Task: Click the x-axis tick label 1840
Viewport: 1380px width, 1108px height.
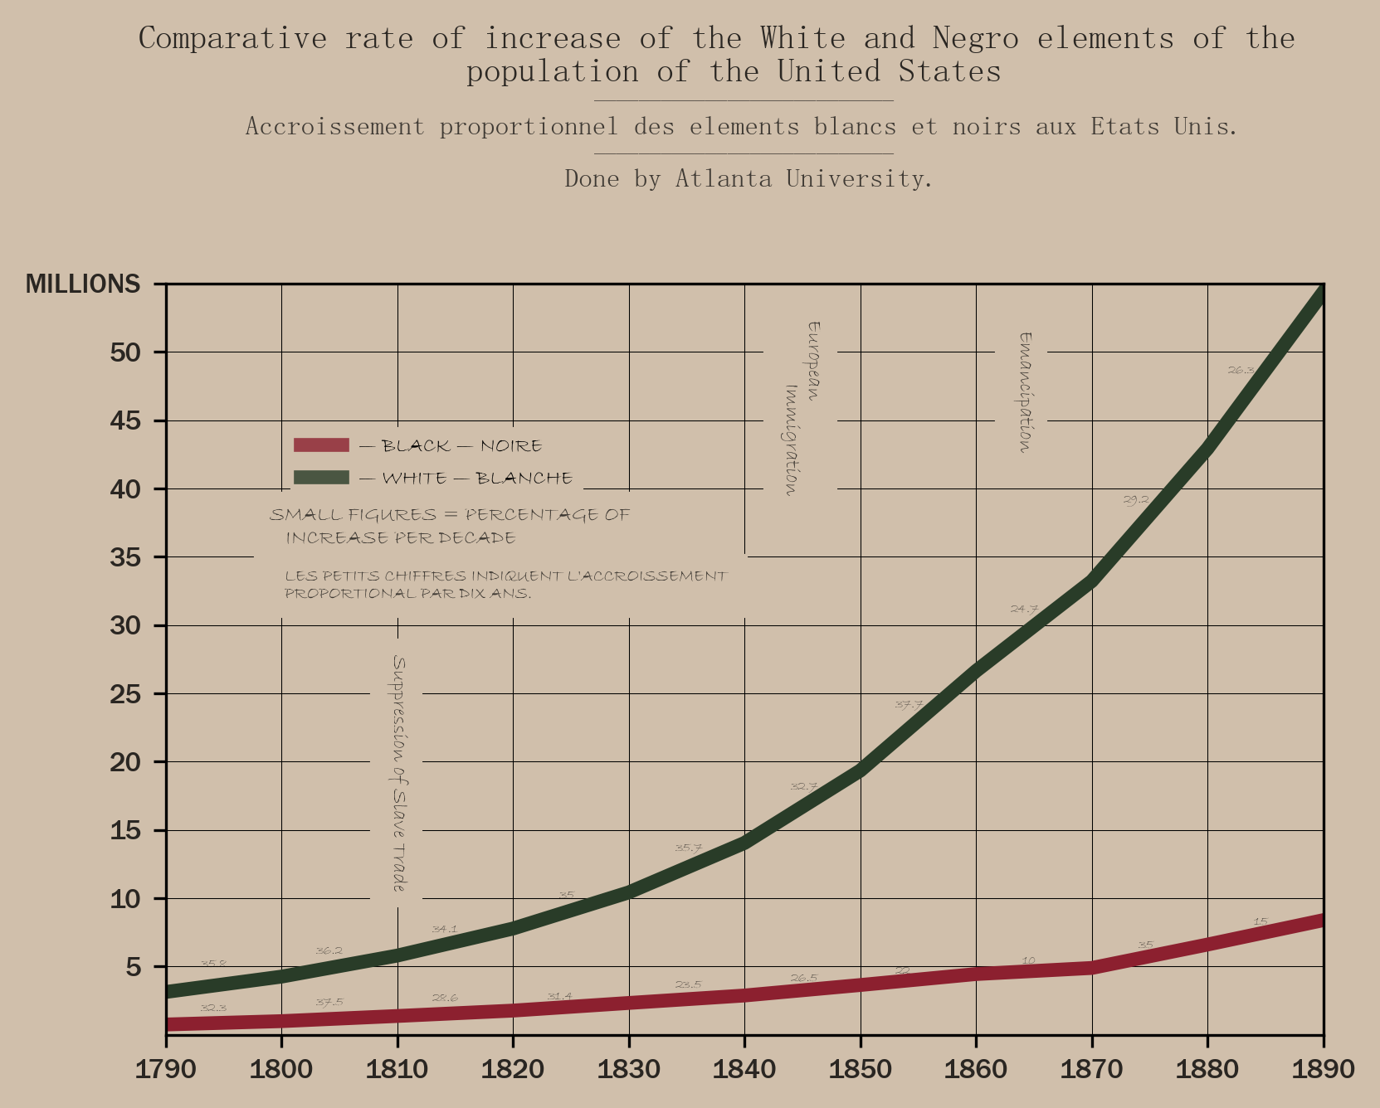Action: tap(744, 1069)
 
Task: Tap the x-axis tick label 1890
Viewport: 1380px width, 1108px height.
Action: tap(1323, 1069)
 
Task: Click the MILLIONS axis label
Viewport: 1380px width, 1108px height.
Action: tap(83, 284)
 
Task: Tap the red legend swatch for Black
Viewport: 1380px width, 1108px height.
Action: tap(321, 445)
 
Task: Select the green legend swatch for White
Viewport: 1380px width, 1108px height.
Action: tap(321, 478)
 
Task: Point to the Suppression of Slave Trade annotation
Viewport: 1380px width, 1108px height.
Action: tap(399, 774)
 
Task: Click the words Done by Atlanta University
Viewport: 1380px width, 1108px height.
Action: tap(749, 179)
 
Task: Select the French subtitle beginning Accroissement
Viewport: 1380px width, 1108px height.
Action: tap(741, 127)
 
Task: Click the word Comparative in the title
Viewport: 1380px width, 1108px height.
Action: tap(233, 39)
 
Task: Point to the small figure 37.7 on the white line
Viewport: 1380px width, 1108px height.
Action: tap(909, 705)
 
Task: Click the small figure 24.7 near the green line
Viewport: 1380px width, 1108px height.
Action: tap(1024, 609)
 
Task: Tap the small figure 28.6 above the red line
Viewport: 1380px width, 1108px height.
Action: tap(444, 998)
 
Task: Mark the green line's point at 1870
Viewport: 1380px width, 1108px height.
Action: tap(1091, 579)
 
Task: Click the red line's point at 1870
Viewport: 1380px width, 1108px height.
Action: tap(1091, 967)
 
